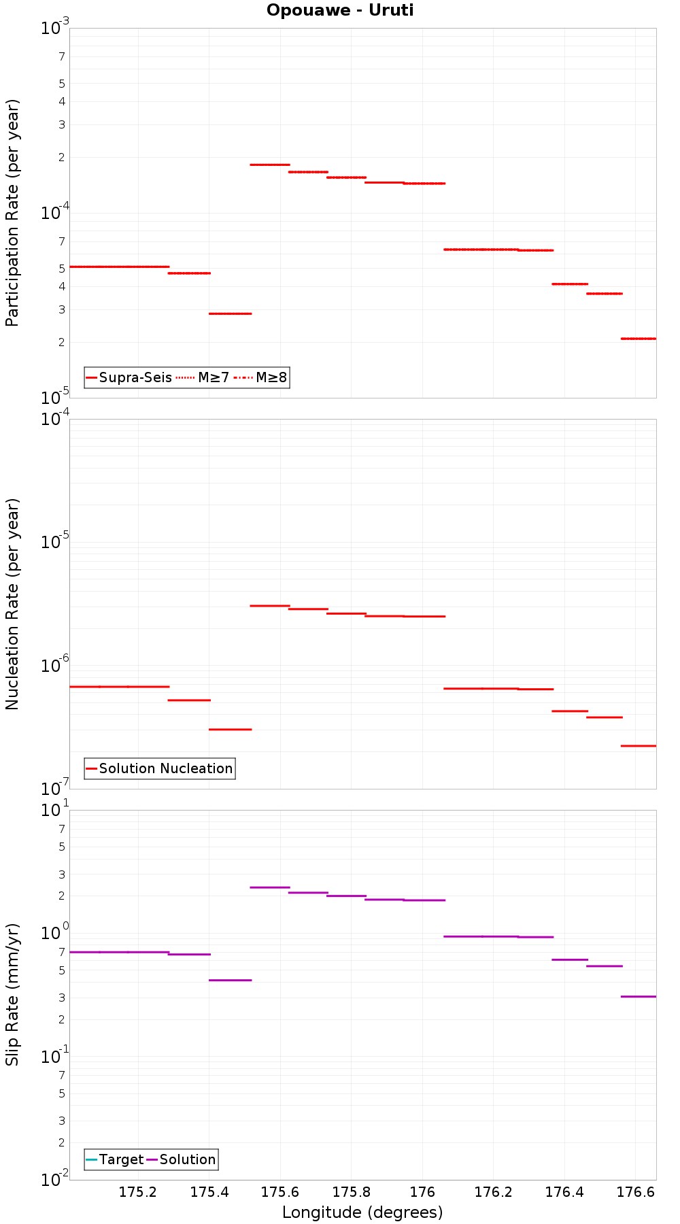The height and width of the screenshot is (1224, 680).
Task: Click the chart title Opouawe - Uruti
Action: pos(340,10)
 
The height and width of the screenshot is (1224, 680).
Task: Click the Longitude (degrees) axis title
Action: pos(362,1212)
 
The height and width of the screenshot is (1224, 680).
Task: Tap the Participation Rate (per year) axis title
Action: pos(12,213)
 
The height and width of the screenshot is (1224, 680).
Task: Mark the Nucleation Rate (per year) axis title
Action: pos(12,604)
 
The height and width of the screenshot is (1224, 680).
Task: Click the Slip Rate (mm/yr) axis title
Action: pos(12,994)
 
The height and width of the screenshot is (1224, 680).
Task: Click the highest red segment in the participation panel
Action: pos(270,165)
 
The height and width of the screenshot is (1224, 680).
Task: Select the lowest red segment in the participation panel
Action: pos(639,338)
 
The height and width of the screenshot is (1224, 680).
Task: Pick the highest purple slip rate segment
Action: pos(270,887)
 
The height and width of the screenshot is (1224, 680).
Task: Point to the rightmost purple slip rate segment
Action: pos(639,996)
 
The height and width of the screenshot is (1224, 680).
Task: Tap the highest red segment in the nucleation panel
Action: pos(270,605)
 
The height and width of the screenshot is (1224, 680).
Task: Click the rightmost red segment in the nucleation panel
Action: pos(639,746)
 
